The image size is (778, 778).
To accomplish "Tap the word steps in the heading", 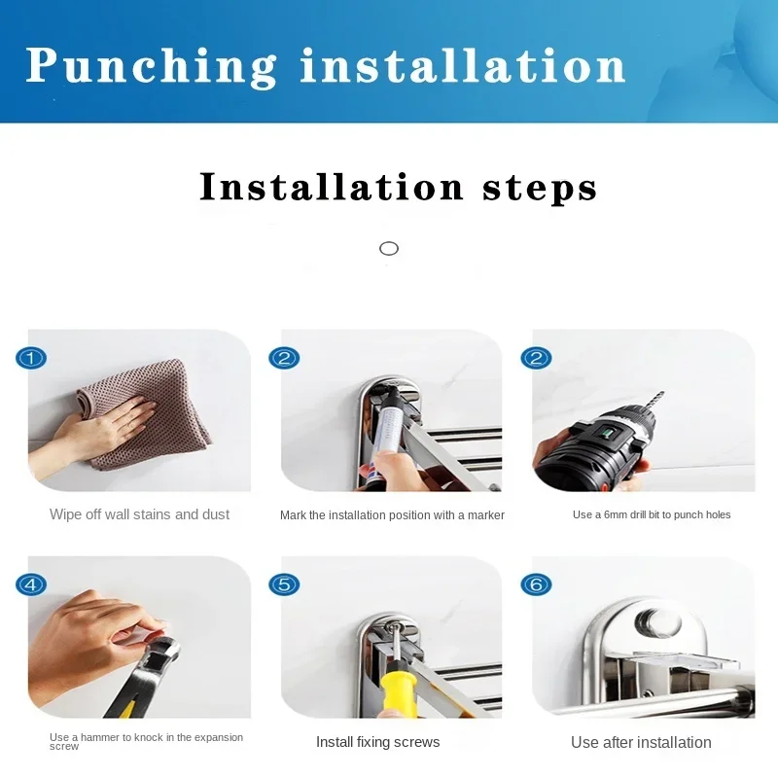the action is click(540, 189).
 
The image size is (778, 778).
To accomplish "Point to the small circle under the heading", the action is click(389, 249).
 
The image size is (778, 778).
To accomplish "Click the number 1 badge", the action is click(31, 358).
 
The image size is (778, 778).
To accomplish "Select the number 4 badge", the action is click(31, 584).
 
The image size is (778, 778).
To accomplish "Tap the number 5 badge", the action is click(284, 584).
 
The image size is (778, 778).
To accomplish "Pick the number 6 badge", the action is click(537, 584).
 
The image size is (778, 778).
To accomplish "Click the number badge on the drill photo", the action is click(537, 358).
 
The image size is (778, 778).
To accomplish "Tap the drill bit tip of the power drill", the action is click(662, 393).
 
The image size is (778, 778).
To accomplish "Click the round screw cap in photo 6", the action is click(658, 622).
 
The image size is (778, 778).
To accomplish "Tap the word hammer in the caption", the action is click(105, 737).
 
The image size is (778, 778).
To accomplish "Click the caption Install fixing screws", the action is click(378, 742).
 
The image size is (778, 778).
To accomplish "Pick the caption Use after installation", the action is click(641, 742).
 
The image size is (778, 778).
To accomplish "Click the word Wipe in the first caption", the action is click(66, 514).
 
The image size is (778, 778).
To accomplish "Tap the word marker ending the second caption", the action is click(485, 515).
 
